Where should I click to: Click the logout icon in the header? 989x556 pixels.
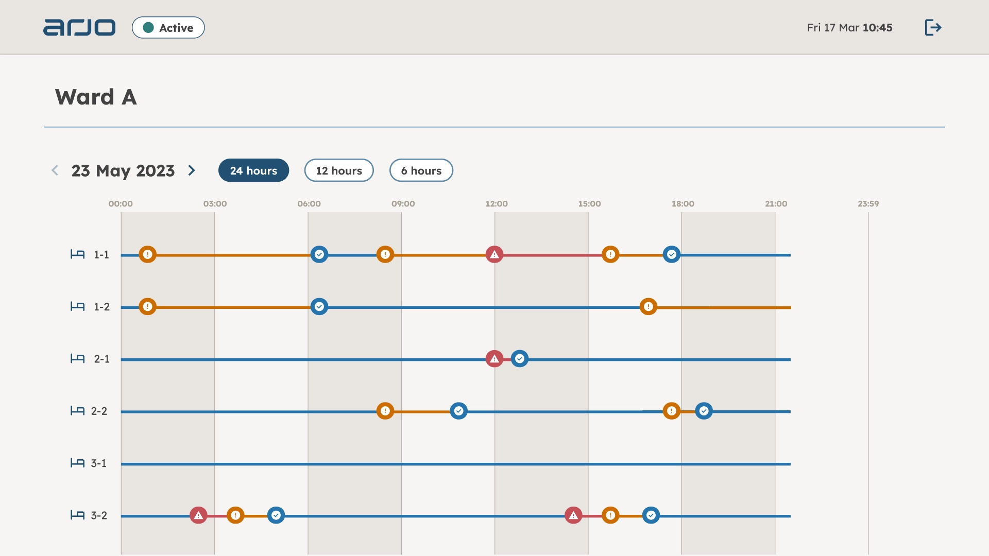933,27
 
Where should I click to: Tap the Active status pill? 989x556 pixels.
168,28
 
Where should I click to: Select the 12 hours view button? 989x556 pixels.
339,170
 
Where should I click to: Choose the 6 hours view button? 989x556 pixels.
421,170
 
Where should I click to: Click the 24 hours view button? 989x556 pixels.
253,170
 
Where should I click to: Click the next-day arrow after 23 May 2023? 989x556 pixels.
192,170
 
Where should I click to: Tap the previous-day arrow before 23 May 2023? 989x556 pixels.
55,170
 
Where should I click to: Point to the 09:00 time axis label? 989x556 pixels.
403,204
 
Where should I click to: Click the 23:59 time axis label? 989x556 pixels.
868,204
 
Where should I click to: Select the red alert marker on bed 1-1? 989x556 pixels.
494,254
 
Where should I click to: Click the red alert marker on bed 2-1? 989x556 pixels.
494,359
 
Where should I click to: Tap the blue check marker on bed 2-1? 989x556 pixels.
519,359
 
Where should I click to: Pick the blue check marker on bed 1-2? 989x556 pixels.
319,307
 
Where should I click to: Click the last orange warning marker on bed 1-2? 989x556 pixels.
648,307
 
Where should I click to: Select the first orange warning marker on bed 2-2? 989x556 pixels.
385,411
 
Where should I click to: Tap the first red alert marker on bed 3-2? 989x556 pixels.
198,515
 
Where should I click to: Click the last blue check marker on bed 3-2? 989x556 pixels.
651,515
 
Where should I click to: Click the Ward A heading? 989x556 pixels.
96,97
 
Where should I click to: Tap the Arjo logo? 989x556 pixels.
79,27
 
